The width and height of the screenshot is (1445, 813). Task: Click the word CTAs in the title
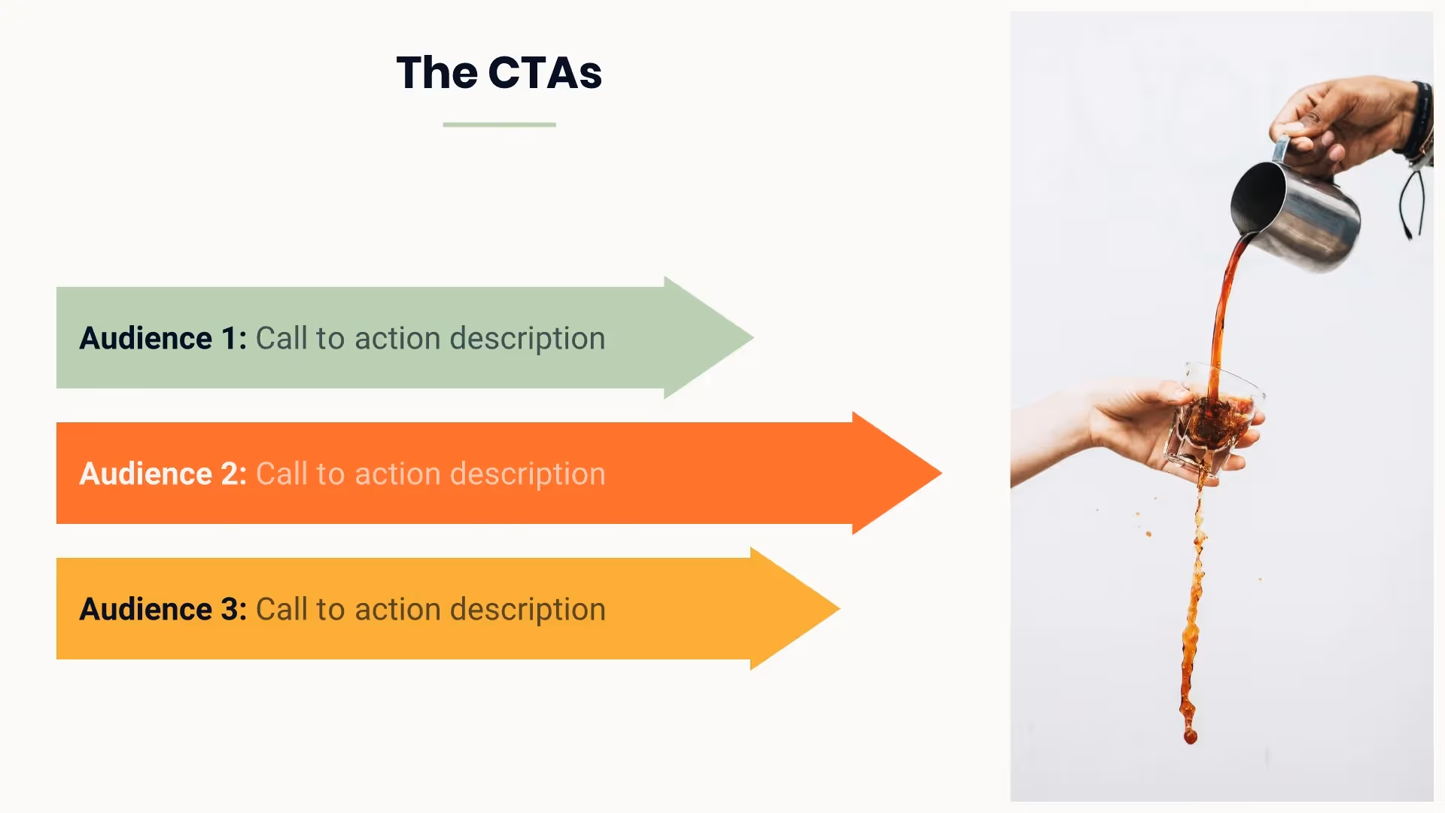click(x=545, y=73)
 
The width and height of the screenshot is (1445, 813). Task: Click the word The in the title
click(x=437, y=73)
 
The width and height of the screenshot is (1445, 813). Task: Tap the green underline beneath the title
click(x=499, y=124)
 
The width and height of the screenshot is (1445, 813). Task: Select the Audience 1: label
click(x=163, y=339)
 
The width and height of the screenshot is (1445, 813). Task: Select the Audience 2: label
click(x=163, y=474)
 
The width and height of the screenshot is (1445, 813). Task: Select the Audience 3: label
click(x=163, y=610)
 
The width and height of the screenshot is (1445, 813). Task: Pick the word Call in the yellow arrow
click(x=281, y=610)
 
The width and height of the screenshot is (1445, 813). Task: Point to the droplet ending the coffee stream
click(x=1190, y=735)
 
